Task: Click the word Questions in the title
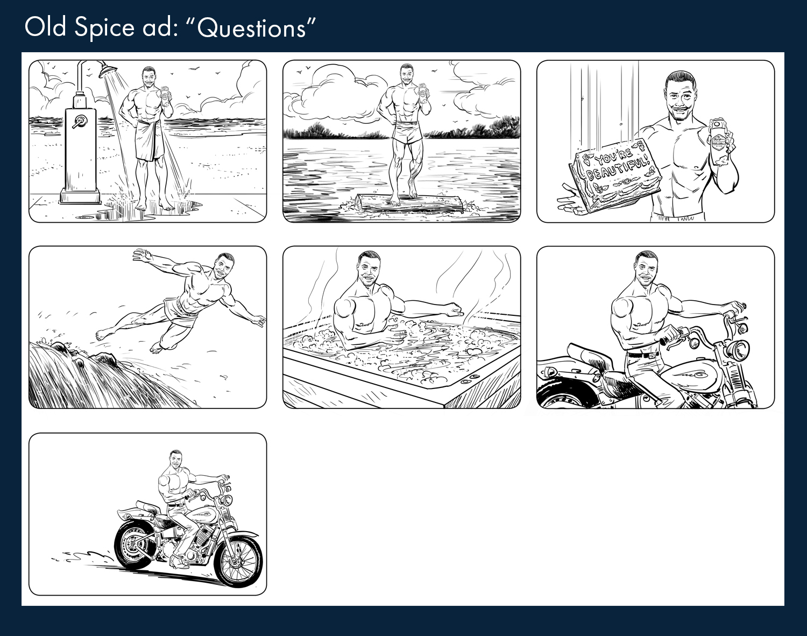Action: (251, 29)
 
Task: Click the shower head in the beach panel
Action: (110, 70)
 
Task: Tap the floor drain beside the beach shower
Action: (84, 217)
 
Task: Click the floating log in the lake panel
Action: (409, 204)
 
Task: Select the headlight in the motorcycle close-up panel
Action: (738, 350)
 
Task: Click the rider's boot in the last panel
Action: (179, 561)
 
